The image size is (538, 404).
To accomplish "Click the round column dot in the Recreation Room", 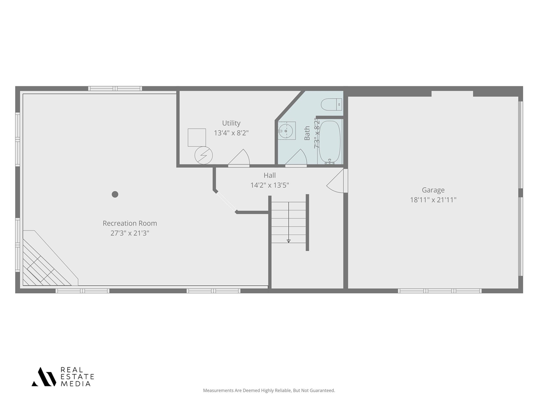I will tap(115, 194).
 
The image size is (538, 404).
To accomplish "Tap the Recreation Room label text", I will tap(130, 223).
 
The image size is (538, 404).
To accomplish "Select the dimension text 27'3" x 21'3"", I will tap(130, 233).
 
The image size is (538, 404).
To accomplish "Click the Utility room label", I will tap(231, 123).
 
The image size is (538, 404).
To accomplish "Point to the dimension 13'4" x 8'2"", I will tap(231, 133).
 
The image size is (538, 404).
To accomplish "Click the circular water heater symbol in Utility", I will tap(203, 155).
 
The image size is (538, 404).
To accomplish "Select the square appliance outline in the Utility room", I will tap(197, 137).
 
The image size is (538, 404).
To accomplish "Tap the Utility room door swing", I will tap(240, 158).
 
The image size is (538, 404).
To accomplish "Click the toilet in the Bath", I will tap(332, 104).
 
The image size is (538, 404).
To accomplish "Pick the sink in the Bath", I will tap(287, 130).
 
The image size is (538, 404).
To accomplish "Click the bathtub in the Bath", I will tap(330, 142).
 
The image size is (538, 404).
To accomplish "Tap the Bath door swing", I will tap(297, 158).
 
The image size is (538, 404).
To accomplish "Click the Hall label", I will tap(270, 175).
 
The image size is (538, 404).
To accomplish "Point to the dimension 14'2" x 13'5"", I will tap(270, 185).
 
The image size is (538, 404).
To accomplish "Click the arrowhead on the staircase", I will tap(288, 241).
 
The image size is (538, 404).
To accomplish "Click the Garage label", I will tap(433, 190).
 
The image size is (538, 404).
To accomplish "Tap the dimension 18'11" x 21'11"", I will tap(433, 200).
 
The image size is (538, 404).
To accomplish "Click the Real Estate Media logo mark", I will tap(44, 377).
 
